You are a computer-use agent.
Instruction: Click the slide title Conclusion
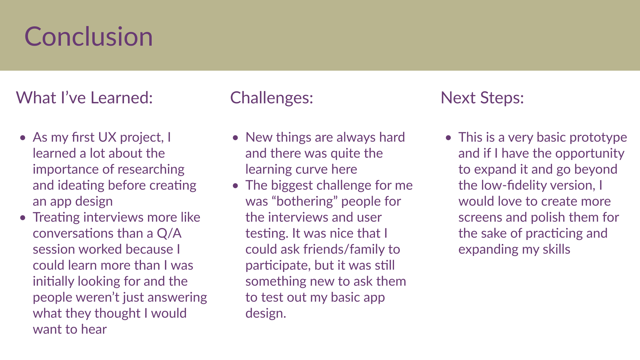click(x=88, y=36)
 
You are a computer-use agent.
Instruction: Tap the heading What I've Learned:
click(x=84, y=98)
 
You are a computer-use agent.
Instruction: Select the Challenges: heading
click(x=272, y=98)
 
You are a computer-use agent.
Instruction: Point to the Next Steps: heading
click(x=482, y=98)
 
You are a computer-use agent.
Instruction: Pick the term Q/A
click(x=169, y=233)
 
